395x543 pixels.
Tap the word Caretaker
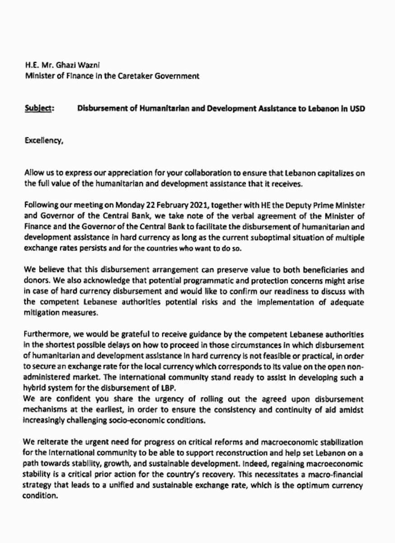tap(136, 76)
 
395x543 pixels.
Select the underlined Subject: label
tap(39, 110)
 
